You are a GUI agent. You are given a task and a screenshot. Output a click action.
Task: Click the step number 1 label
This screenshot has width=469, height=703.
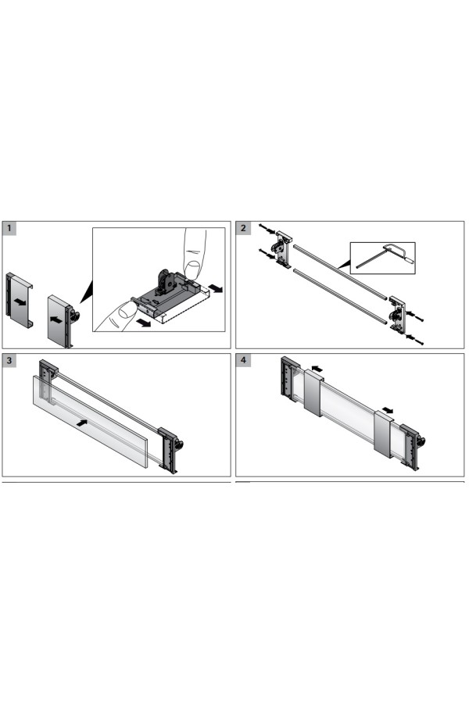pyautogui.click(x=9, y=228)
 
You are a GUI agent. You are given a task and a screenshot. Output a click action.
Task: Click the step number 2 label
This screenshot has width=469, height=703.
pyautogui.click(x=243, y=228)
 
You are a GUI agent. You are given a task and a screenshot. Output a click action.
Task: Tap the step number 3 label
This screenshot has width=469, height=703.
pyautogui.click(x=9, y=360)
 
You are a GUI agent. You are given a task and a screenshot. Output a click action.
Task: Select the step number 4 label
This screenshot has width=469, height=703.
pyautogui.click(x=243, y=360)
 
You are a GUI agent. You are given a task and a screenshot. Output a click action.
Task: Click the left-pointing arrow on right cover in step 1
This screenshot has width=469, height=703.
pyautogui.click(x=56, y=320)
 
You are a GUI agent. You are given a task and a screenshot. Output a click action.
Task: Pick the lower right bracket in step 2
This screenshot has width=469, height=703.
pyautogui.click(x=397, y=314)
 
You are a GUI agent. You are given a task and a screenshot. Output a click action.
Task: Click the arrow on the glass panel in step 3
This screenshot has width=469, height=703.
pyautogui.click(x=81, y=423)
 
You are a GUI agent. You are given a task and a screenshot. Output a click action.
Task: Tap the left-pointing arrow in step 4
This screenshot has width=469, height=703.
pyautogui.click(x=317, y=369)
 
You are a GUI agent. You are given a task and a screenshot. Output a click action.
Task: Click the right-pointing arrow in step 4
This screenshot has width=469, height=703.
pyautogui.click(x=388, y=410)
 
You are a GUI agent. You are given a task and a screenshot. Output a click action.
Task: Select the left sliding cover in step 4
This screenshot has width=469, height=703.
pyautogui.click(x=313, y=393)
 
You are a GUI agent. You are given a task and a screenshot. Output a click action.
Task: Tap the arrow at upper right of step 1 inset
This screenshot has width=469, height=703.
pyautogui.click(x=217, y=289)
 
